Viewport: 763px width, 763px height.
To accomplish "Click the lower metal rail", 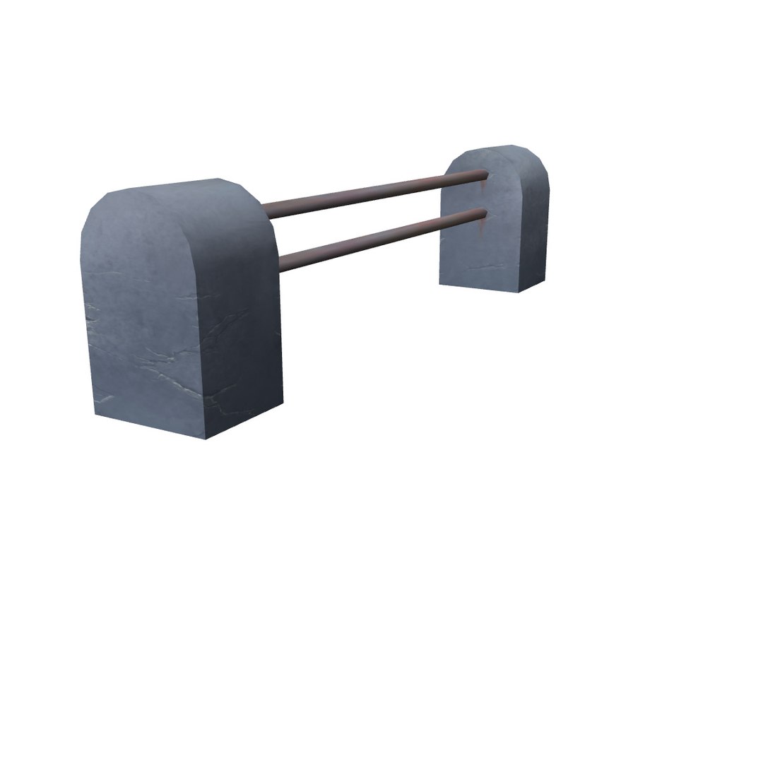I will (381, 237).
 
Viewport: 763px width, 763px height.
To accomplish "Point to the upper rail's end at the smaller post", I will (484, 175).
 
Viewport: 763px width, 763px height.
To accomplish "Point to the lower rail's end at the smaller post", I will (484, 213).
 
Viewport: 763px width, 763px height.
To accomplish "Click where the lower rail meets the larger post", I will (280, 264).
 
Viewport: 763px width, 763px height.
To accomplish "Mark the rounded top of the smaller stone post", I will (502, 152).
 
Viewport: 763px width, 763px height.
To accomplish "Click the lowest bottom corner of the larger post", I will (206, 439).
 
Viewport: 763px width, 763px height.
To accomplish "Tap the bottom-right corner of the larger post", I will (283, 403).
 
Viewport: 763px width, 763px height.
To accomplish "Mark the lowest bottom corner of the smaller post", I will (519, 292).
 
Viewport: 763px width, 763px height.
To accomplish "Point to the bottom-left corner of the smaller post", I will (440, 284).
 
